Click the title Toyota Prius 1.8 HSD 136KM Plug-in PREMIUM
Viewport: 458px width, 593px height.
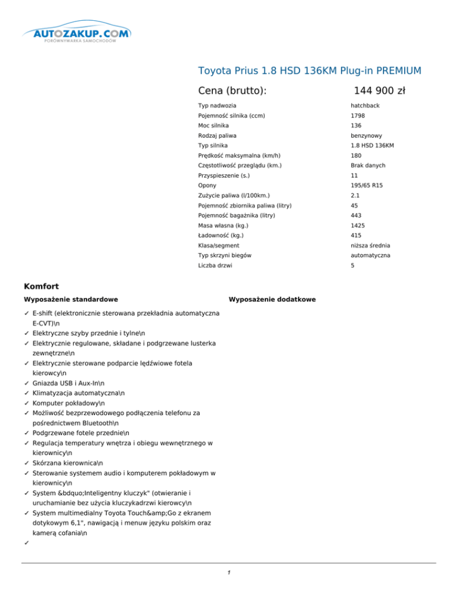coord(310,71)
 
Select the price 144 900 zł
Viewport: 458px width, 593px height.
coord(379,91)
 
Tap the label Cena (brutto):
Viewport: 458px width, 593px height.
coord(232,91)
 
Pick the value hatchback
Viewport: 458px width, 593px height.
coord(366,106)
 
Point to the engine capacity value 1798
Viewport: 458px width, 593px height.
coord(358,116)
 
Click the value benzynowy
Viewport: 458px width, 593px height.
coord(366,136)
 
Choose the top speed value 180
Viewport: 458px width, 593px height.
coord(356,156)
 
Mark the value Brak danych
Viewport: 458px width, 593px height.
coord(368,166)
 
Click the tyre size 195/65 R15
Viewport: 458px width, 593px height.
coord(367,186)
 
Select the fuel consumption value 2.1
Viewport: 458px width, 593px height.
coord(355,196)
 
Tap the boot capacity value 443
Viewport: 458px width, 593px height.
coord(356,215)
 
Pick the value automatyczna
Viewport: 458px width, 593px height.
coord(370,255)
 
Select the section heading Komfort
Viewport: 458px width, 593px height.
coord(41,286)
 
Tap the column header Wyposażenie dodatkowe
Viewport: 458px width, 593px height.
coord(272,299)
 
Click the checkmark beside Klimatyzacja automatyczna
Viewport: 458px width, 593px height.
coord(27,394)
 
